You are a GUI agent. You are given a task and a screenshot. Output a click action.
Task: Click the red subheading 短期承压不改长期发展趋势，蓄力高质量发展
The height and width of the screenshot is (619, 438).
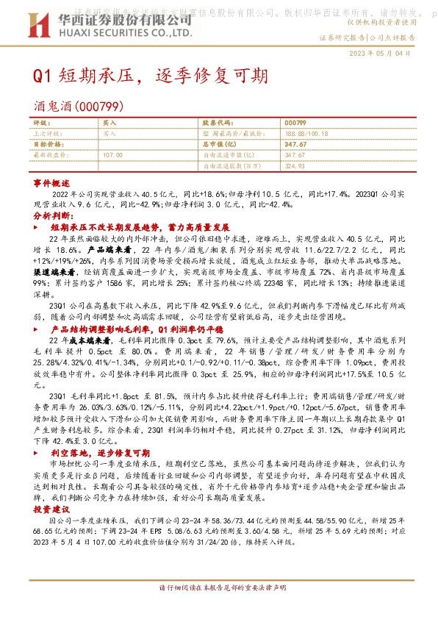[x=134, y=229]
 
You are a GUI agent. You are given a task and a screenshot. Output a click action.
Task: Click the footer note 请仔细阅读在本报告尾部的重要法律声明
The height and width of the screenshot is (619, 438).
[x=218, y=588]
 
